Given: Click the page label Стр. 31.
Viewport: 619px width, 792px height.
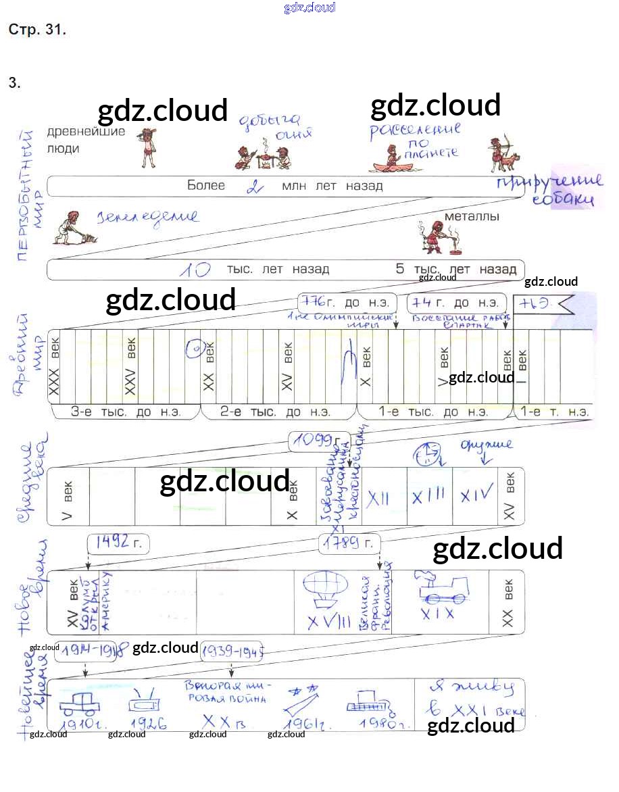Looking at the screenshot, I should pyautogui.click(x=37, y=30).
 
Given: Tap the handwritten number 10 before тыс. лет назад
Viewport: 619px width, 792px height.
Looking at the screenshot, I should pyautogui.click(x=195, y=270).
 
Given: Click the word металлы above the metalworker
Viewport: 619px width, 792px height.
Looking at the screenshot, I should pyautogui.click(x=472, y=217).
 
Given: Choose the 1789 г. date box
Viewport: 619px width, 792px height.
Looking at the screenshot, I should pyautogui.click(x=349, y=543).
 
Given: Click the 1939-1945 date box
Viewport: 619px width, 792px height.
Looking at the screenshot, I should pyautogui.click(x=232, y=651).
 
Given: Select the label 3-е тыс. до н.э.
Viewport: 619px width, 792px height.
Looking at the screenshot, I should pyautogui.click(x=126, y=412).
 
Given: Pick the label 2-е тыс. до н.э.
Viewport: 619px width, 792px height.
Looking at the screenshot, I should pyautogui.click(x=276, y=412).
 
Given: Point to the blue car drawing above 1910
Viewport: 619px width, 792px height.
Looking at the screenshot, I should pyautogui.click(x=80, y=703).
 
